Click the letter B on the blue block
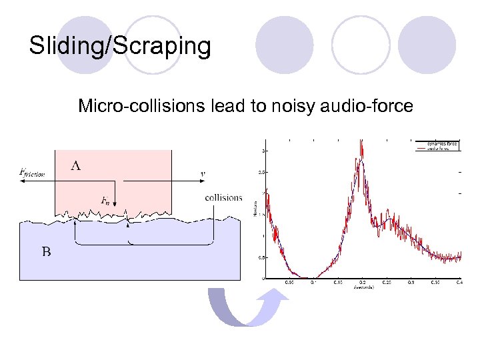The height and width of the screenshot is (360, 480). pyautogui.click(x=47, y=251)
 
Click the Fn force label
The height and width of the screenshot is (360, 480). pyautogui.click(x=106, y=199)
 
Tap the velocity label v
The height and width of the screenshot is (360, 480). pyautogui.click(x=203, y=174)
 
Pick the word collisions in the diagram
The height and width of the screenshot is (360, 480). pyautogui.click(x=224, y=197)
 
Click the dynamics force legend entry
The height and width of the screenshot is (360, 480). pyautogui.click(x=443, y=143)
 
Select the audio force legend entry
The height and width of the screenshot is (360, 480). pyautogui.click(x=443, y=148)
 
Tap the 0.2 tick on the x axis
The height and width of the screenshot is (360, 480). pyautogui.click(x=362, y=282)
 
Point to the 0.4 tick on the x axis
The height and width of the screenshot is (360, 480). pyautogui.click(x=459, y=282)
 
